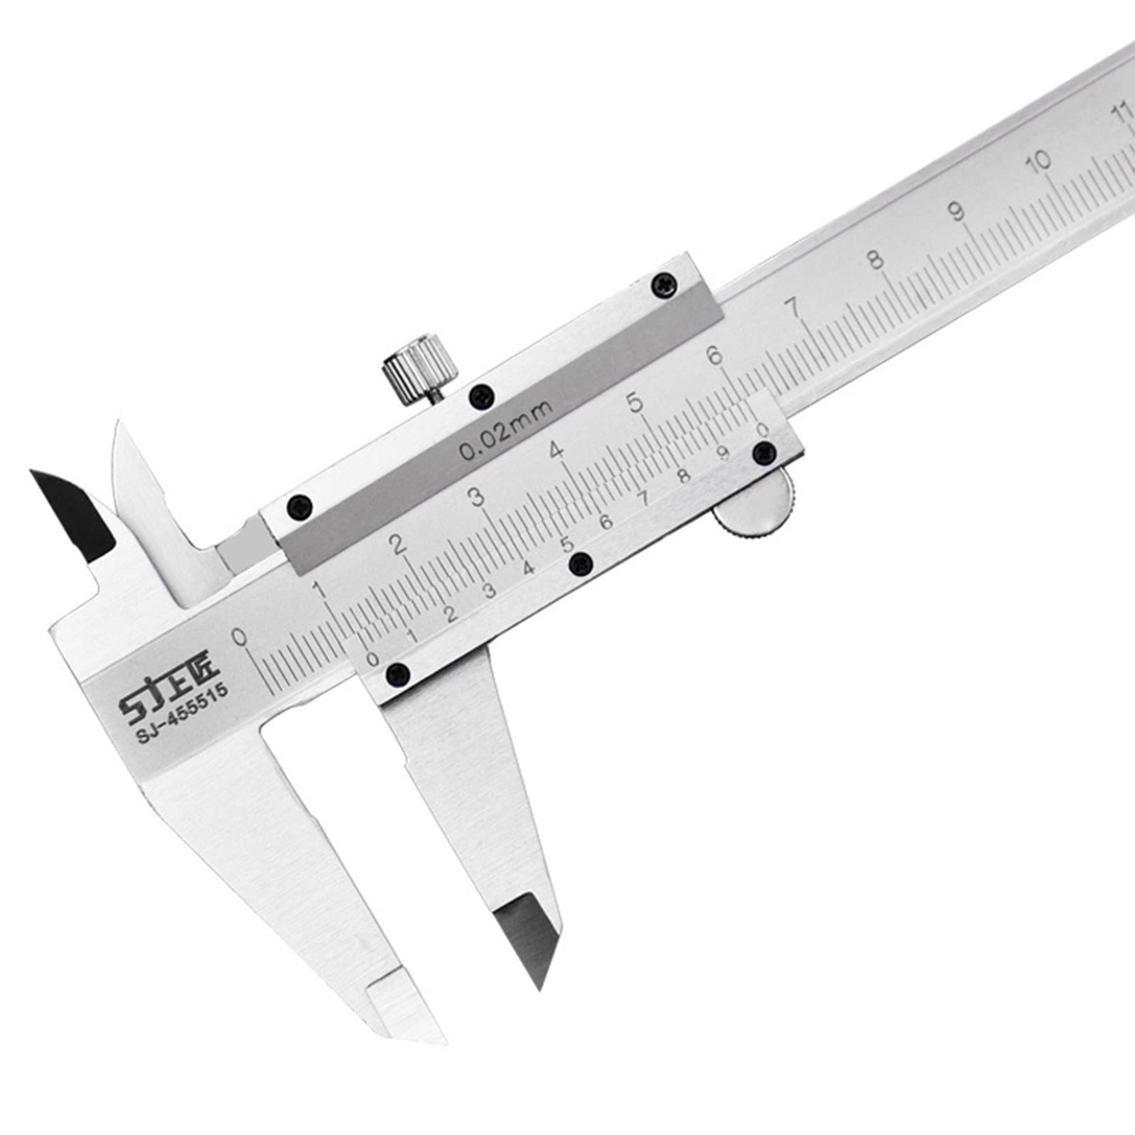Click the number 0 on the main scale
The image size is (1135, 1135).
coord(238,636)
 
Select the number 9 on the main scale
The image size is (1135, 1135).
coord(957,212)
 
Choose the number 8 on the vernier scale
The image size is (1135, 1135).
coord(684,476)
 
